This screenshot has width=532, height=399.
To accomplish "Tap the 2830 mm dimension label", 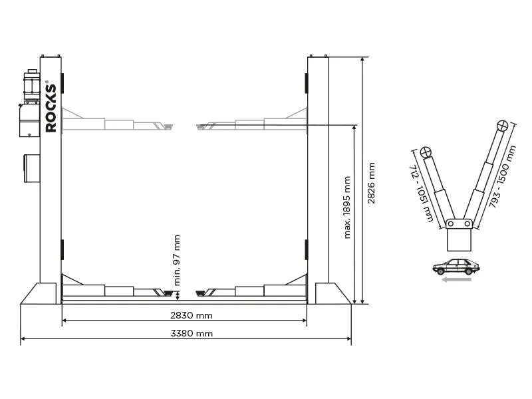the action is [x=192, y=315].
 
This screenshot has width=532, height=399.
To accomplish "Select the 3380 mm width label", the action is [x=192, y=334].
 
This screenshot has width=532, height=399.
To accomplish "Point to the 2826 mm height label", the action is [x=372, y=184].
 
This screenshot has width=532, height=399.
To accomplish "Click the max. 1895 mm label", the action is [x=346, y=207].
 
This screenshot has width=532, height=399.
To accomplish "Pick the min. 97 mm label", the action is [x=177, y=260].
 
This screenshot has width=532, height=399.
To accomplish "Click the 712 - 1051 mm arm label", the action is [x=422, y=194].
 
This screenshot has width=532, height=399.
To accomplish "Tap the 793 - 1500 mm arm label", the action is [x=503, y=176].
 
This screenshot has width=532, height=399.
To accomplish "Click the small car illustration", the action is [x=456, y=267].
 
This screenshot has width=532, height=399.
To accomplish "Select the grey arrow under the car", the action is [x=456, y=280].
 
